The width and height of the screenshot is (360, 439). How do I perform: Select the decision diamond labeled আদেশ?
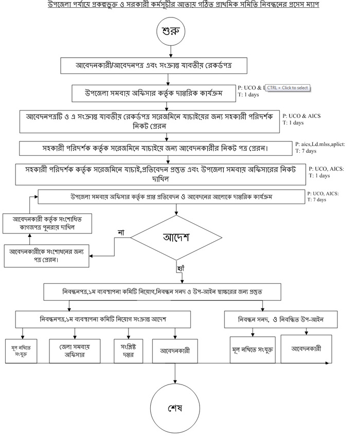177,237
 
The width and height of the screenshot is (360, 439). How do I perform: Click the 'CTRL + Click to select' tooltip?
288,88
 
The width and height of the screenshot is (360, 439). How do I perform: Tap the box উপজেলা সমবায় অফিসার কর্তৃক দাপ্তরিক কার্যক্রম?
154,94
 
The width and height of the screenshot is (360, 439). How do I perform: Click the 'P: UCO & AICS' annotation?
301,116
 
